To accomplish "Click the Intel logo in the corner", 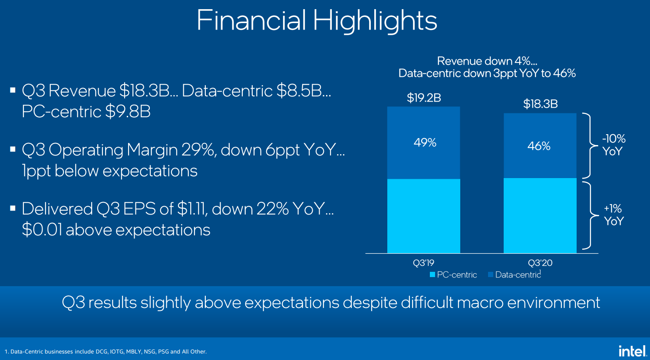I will point(632,350).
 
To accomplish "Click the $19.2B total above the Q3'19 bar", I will point(424,98).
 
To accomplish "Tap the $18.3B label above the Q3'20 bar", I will point(540,104).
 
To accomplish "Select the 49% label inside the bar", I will point(425,143).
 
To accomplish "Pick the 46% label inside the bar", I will point(539,146).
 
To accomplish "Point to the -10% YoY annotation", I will point(613,145).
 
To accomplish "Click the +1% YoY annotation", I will point(613,215).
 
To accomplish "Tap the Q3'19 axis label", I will point(423,263).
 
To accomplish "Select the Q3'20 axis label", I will point(540,263).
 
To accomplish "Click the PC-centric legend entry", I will point(453,275).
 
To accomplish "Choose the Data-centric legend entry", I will point(515,275).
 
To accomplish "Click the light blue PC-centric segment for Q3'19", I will point(423,216).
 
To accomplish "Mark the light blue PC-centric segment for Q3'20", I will point(540,215).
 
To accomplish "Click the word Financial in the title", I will point(251,20).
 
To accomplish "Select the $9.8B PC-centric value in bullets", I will point(128,112).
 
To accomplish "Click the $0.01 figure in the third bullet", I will point(42,230).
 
